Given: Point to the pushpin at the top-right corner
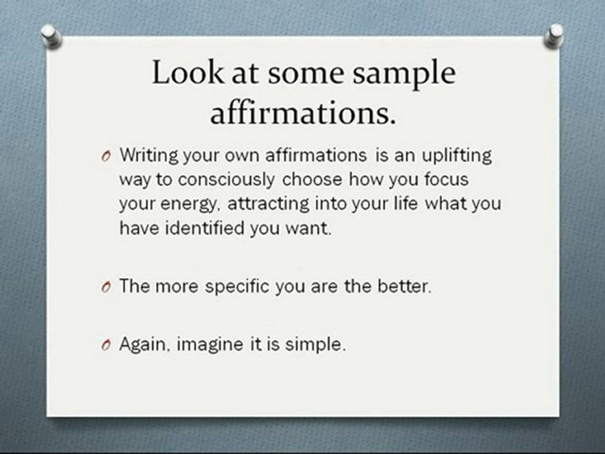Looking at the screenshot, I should pos(555,35).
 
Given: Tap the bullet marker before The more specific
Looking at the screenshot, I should pos(105,288).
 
